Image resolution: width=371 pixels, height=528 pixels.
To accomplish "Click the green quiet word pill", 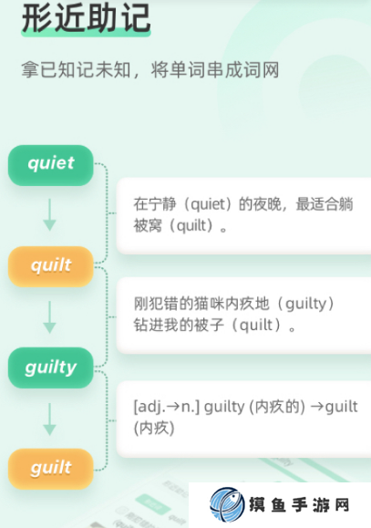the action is tap(50, 165).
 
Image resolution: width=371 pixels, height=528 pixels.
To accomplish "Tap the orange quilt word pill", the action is tap(50, 266).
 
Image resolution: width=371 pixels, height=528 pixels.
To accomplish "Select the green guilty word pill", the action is tap(50, 368).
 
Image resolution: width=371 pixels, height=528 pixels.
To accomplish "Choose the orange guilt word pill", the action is tap(50, 469).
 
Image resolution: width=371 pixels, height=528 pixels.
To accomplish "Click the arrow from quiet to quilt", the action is tap(50, 214).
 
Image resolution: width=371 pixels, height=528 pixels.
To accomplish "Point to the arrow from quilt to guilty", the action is tap(50, 316).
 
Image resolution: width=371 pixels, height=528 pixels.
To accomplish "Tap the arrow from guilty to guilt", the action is tap(50, 419).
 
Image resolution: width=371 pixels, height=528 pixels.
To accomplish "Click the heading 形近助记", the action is tap(86, 18).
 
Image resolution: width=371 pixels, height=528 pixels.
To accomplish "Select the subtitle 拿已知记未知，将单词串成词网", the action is tap(150, 69).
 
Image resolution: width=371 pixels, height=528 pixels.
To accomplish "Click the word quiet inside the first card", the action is tap(208, 204).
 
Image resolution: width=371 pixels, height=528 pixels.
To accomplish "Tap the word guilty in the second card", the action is tap(305, 304).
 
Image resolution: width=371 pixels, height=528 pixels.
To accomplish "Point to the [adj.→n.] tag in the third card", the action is tap(167, 407).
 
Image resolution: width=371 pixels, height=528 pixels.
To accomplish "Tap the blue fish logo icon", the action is tap(227, 504).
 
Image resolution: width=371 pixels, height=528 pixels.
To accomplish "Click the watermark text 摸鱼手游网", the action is tap(299, 505).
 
